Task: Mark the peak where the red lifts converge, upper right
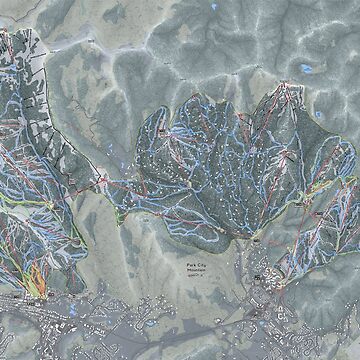(x=289, y=88)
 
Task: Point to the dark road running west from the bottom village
(x=150, y=300)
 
